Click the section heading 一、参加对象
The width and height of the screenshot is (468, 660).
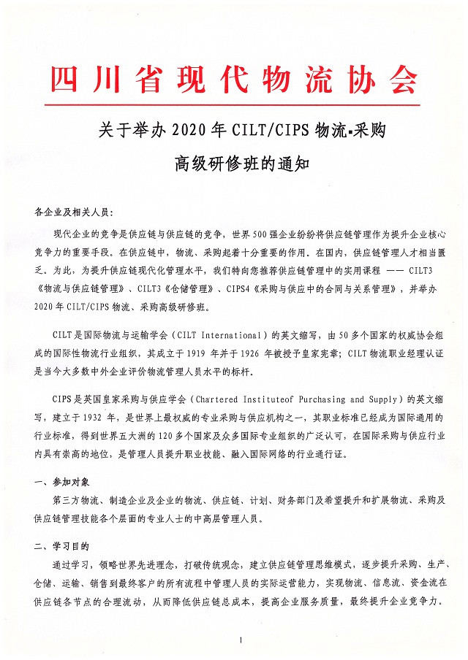pos(62,482)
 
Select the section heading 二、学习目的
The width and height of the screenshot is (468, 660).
pos(62,545)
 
